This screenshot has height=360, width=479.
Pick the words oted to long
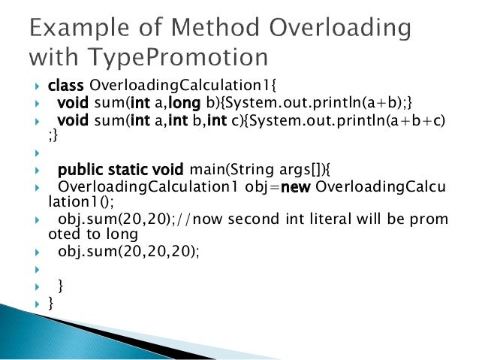[x=92, y=234]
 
